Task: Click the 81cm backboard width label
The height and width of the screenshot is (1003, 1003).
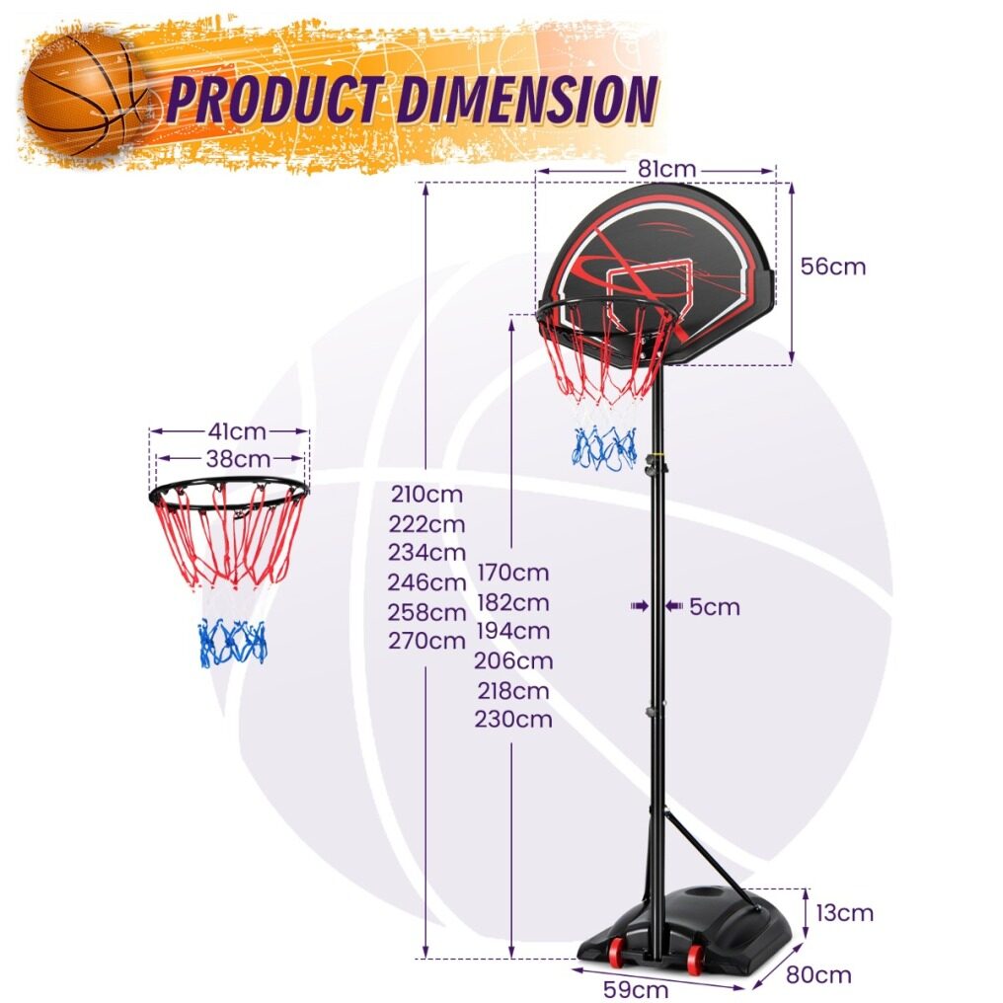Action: (666, 169)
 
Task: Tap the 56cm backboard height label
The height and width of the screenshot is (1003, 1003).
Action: (833, 267)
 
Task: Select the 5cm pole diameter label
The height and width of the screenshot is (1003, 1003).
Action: (715, 606)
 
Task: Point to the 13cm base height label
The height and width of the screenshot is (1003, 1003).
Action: (844, 913)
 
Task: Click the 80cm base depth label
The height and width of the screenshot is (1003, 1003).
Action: (818, 974)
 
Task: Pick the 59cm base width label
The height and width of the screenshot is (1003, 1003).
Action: (636, 989)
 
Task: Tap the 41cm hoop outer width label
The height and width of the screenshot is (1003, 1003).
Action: (237, 431)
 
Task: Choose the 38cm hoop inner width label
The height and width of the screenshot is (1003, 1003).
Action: (238, 459)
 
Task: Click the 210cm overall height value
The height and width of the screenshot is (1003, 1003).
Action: (426, 494)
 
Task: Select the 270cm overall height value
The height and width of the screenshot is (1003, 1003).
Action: (426, 641)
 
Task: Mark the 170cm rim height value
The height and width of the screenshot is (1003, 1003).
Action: (513, 573)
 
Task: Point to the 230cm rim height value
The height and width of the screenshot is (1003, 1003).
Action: (513, 719)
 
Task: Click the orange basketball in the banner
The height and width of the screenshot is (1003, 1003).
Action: (86, 94)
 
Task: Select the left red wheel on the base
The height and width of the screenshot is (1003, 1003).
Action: (619, 949)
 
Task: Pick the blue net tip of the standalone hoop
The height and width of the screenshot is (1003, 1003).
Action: (232, 642)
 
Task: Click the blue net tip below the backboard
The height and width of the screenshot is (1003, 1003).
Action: (604, 448)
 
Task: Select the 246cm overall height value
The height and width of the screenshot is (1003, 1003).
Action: (426, 582)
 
